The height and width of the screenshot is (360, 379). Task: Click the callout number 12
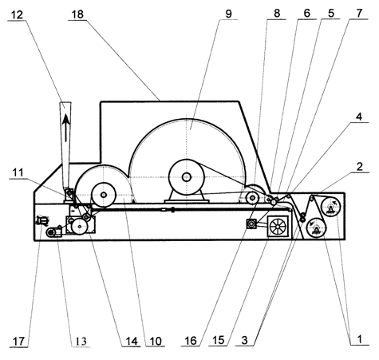(17, 14)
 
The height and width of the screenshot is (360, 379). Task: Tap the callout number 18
(77, 14)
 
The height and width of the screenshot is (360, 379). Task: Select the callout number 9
(228, 14)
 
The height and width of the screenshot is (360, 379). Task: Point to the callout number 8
(277, 13)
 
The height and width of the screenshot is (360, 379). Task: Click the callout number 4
(359, 117)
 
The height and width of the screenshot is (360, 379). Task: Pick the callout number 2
(359, 167)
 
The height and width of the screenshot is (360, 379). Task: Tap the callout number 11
(18, 172)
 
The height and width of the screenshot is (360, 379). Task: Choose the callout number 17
(18, 342)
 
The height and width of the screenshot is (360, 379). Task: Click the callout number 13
(81, 341)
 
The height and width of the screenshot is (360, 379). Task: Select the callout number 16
(191, 340)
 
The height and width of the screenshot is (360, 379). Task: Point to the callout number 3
(245, 340)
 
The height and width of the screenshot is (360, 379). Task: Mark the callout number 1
(359, 339)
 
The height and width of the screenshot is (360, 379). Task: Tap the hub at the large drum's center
(187, 177)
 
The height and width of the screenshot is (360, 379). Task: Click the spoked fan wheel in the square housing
(278, 226)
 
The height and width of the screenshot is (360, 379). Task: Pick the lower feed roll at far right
(317, 227)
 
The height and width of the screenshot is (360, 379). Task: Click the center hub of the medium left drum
(104, 195)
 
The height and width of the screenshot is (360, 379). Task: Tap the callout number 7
(359, 13)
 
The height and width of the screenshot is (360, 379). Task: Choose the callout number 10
(156, 341)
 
